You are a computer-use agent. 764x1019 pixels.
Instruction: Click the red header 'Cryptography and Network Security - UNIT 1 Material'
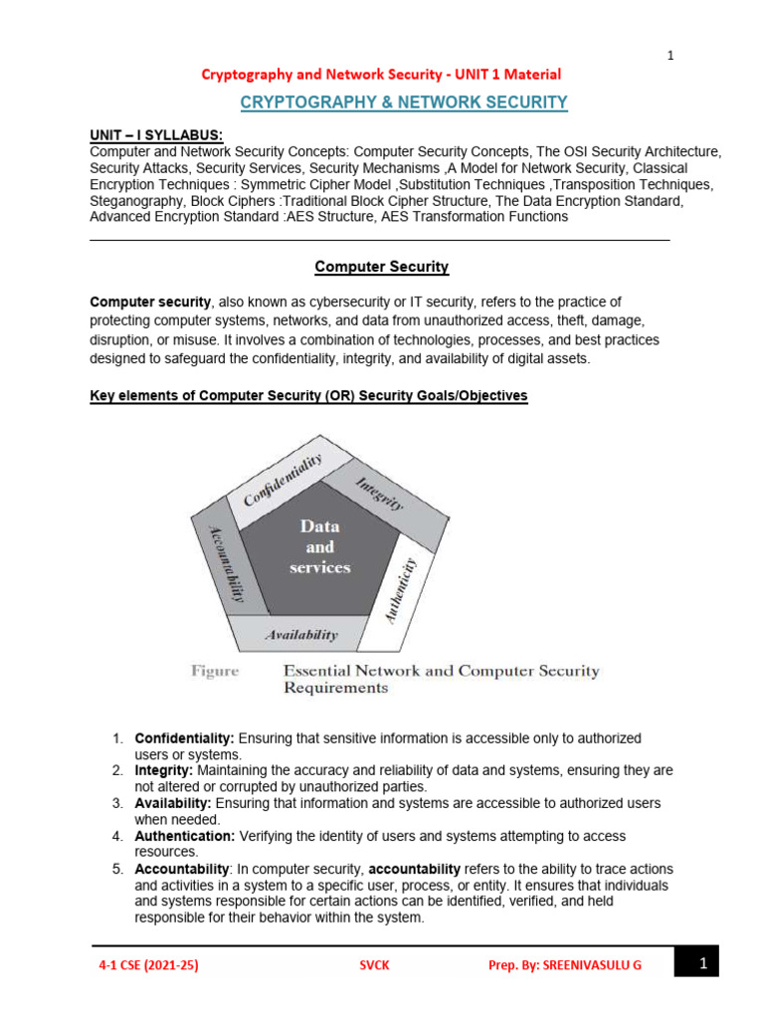(382, 74)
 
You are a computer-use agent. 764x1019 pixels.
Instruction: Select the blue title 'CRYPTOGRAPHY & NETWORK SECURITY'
(405, 102)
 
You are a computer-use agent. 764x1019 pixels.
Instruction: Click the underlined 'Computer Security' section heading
(382, 267)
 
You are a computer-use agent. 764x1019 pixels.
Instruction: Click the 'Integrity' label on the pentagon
(380, 492)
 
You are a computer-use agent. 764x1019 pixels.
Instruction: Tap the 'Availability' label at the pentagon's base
(300, 634)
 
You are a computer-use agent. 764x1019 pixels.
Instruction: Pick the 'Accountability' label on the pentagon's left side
(228, 563)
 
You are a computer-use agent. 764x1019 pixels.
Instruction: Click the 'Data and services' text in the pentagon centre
(319, 546)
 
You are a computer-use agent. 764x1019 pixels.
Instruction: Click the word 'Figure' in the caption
(215, 671)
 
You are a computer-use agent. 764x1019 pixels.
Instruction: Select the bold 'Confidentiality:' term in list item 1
(184, 738)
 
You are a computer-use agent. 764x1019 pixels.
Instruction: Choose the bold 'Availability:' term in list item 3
(173, 802)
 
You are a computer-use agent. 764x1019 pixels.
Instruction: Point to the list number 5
(116, 869)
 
